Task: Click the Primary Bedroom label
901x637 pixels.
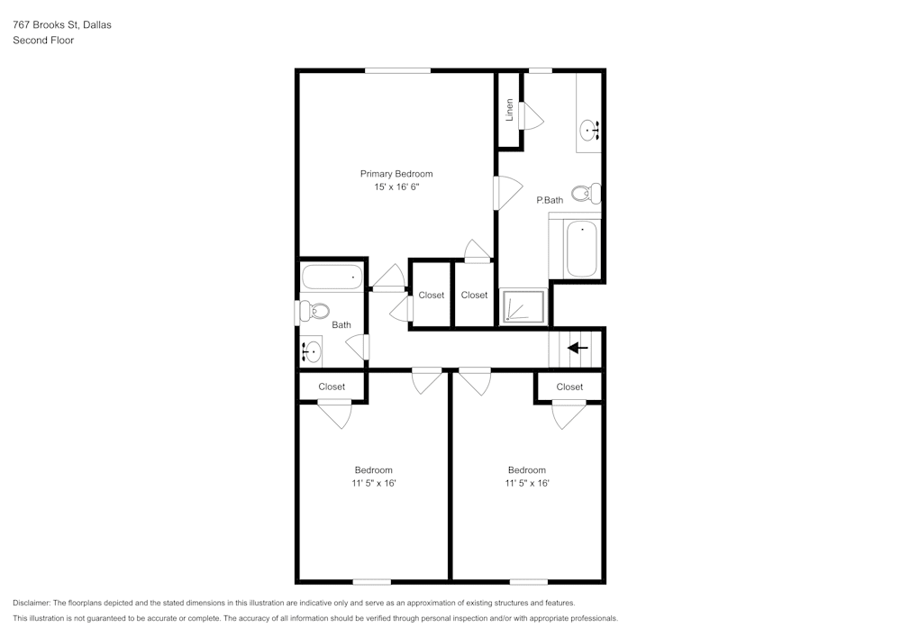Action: [396, 174]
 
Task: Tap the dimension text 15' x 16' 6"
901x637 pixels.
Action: [396, 187]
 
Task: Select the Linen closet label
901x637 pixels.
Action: [510, 110]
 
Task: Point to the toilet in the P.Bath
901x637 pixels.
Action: [591, 193]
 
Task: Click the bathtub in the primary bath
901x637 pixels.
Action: [582, 249]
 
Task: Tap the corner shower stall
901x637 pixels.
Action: [523, 306]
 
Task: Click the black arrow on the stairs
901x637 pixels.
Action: [578, 347]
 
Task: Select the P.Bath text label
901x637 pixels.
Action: [550, 200]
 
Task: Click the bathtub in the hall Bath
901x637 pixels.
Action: [332, 277]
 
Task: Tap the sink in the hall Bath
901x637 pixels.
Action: [312, 350]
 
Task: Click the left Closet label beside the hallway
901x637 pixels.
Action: [431, 295]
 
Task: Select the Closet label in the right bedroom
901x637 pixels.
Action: [569, 387]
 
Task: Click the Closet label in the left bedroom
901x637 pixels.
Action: [332, 387]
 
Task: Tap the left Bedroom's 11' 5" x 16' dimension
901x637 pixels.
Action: [374, 484]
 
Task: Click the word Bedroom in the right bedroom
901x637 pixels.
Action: [526, 470]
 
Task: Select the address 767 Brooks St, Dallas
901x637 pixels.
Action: [62, 25]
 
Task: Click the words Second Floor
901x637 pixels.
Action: [43, 41]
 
